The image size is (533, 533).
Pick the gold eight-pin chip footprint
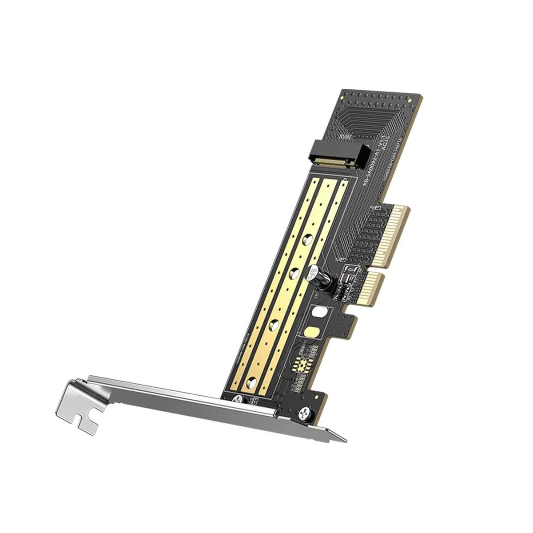[304, 355]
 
